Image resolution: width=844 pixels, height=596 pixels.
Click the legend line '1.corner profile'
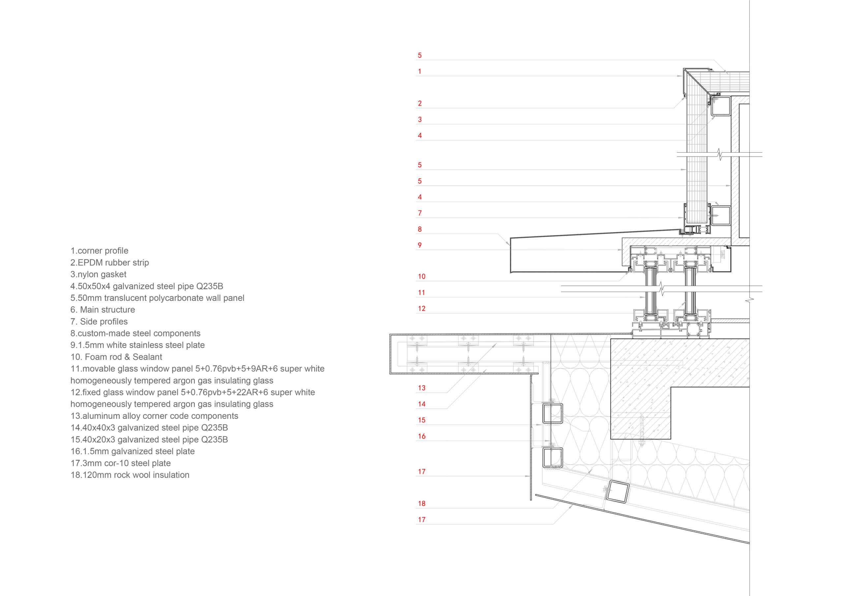coord(99,251)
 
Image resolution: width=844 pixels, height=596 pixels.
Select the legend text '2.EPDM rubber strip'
coord(109,262)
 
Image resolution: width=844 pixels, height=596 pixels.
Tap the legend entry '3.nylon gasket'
coord(98,274)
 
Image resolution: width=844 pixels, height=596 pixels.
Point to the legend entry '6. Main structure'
coord(103,310)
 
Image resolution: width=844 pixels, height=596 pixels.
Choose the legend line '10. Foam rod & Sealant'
coord(116,357)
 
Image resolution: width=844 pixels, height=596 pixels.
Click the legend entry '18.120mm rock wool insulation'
coord(130,475)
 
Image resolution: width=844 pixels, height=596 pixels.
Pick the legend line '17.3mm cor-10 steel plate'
coord(121,463)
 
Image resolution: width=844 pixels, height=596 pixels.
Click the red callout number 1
coord(419,71)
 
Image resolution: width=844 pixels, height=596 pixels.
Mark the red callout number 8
coord(419,229)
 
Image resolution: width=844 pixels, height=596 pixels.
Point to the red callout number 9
coord(419,245)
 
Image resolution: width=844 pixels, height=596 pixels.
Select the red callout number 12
coord(422,309)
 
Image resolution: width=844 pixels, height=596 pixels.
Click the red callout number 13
coord(422,388)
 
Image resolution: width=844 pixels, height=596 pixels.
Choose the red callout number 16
coord(422,436)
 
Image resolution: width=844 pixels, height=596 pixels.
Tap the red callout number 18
coord(422,504)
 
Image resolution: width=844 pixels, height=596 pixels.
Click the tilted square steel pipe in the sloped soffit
coord(618,492)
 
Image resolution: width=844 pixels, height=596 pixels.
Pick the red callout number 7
coord(419,213)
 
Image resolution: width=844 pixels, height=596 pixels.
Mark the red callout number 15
coord(422,420)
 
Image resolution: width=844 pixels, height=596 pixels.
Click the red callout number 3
coord(419,119)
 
